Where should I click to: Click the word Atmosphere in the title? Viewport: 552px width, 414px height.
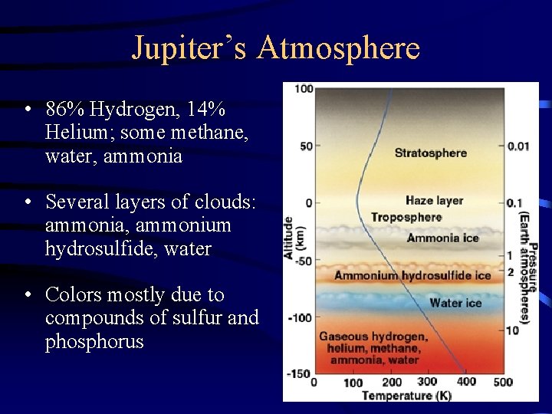[339, 48]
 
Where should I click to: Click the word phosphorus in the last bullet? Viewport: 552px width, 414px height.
[94, 341]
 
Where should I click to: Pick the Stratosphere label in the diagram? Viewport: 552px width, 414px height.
[430, 153]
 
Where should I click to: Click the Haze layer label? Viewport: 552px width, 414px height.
[434, 201]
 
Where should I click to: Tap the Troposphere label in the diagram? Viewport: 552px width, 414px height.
[406, 218]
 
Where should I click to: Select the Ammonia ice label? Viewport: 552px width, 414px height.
[442, 238]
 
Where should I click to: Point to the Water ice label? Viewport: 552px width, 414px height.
[455, 303]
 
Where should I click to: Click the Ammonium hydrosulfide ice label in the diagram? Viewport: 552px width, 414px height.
[412, 275]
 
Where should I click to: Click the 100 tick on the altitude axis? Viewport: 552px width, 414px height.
[304, 89]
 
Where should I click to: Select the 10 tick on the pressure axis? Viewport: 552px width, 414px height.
[512, 330]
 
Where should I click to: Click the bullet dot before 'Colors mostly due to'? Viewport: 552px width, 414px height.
[28, 294]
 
